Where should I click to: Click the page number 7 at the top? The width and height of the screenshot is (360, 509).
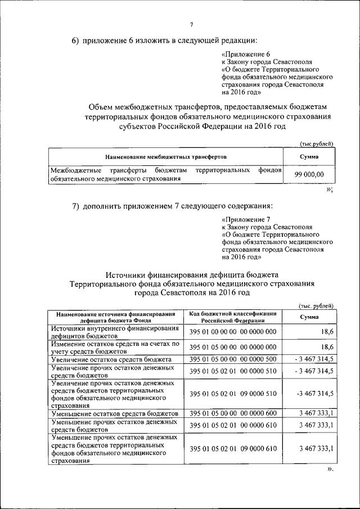191,24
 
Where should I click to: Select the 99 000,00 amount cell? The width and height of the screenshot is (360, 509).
309,175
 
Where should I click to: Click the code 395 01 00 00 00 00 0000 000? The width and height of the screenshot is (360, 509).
233,332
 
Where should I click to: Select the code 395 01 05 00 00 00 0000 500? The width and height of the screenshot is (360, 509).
233,359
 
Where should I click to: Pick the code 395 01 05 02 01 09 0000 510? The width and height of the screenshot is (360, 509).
233,393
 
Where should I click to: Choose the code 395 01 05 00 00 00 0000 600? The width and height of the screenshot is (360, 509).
233,413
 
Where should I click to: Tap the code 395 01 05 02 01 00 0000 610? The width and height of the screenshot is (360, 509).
233,426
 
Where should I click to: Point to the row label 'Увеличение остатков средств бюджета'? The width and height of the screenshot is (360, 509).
111,359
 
